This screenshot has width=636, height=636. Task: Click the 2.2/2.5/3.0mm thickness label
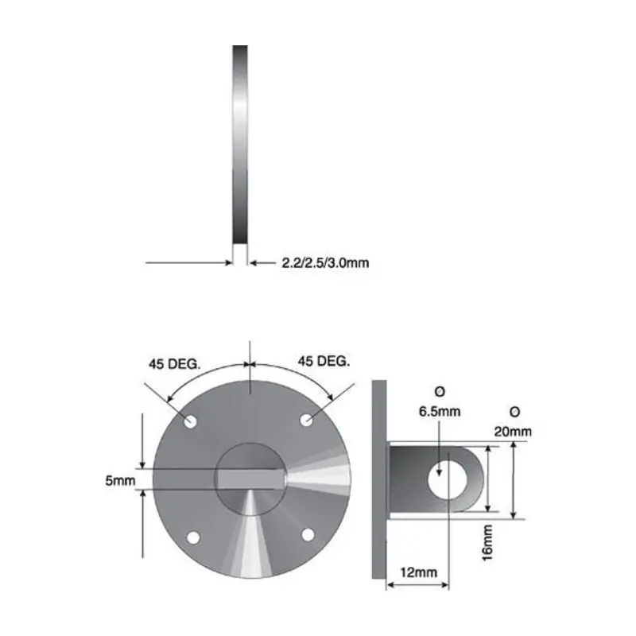pos(325,262)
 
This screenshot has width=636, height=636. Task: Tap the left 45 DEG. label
pos(174,363)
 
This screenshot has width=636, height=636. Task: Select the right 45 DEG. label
pos(324,361)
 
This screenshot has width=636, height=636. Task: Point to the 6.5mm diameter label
pos(439,412)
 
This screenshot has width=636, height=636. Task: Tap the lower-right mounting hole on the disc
pos(308,534)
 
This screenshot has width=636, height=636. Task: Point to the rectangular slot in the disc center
pos(251,479)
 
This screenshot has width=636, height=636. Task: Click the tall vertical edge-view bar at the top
pos(240,143)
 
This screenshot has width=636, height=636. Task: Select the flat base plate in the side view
pos(378,481)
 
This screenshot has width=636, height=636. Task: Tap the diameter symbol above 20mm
pos(514,412)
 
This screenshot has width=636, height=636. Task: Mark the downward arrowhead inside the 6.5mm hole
pos(439,472)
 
